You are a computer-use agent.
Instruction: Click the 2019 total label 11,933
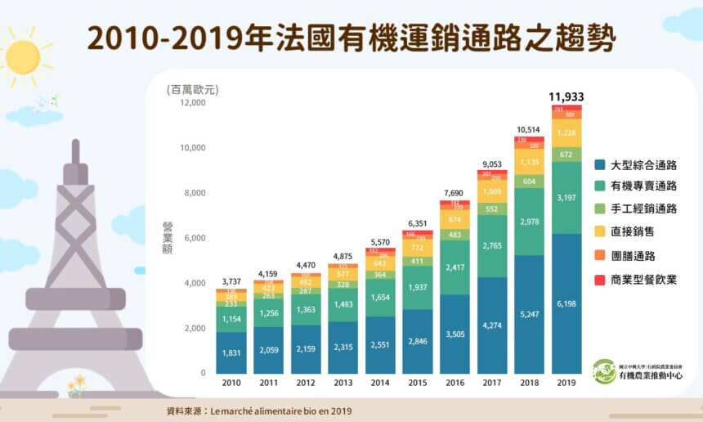566,97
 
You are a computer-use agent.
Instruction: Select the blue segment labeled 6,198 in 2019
566,303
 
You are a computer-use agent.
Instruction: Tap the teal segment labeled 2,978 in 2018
529,222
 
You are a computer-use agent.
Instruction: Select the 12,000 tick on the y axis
192,103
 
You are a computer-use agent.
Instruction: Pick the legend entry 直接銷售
633,232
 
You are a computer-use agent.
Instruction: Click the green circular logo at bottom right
604,371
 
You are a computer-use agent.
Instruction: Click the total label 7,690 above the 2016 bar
454,193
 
